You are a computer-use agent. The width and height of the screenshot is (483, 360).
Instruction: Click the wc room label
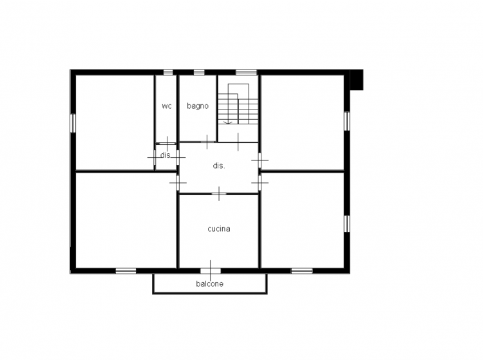coord(167,106)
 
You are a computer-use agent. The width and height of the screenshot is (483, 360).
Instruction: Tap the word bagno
coord(198,106)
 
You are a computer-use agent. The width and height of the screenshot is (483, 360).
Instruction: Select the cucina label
coord(219,229)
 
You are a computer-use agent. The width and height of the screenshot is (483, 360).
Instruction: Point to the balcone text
coord(210,283)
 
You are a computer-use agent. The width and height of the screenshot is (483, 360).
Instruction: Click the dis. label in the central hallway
coord(219,166)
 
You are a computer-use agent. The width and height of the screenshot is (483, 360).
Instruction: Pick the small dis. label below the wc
coord(166,155)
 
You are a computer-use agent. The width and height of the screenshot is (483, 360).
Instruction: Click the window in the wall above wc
coord(168,72)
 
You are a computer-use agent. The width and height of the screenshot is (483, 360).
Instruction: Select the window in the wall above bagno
coord(199,72)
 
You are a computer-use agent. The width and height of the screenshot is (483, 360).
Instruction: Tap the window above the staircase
coord(246,72)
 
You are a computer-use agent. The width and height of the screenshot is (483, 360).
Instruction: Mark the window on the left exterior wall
coord(73,123)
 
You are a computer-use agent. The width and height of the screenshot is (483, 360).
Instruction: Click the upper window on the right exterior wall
coord(347,121)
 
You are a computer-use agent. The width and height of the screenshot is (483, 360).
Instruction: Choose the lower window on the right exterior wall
coord(347,223)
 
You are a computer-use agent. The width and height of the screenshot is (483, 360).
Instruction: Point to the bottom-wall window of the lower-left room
coord(126,270)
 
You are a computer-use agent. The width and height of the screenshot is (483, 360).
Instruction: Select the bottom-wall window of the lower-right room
coord(302,270)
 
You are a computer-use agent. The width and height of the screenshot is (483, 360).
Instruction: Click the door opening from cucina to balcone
coord(211,271)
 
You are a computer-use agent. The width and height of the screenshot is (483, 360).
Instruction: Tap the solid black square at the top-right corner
coord(357,80)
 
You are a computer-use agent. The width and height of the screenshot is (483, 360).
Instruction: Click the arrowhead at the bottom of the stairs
coord(227,122)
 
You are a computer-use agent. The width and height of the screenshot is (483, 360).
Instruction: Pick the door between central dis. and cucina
coord(219,194)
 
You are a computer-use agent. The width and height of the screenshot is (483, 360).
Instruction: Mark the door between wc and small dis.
coord(167,144)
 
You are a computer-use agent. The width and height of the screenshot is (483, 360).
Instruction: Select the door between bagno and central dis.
coord(207,142)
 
